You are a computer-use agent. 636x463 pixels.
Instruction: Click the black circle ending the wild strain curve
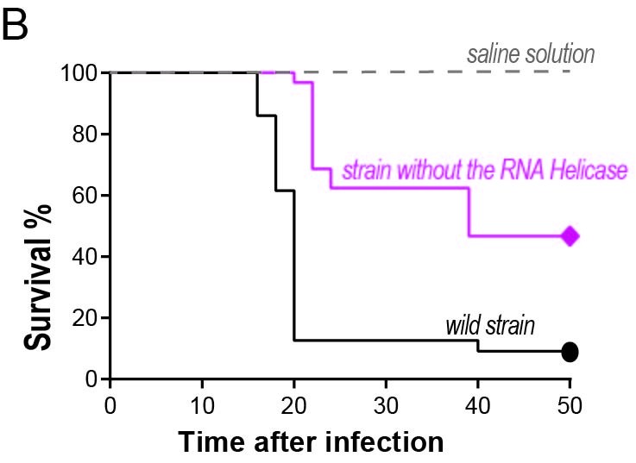(570, 352)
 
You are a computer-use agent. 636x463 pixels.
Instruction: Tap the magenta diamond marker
(570, 235)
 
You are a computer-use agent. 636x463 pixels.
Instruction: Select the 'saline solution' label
(531, 55)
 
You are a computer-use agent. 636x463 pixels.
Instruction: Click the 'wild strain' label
(490, 327)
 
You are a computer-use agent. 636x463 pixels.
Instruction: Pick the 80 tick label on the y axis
(84, 135)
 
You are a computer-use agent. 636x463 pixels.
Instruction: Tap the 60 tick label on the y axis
(84, 196)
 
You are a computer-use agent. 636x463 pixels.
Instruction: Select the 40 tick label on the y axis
(84, 257)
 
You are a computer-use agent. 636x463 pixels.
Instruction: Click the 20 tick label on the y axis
(84, 318)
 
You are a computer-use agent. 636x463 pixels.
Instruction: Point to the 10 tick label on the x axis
(202, 405)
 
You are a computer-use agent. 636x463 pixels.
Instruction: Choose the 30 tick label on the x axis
(386, 405)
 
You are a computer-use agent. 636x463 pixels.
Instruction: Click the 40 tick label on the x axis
(477, 405)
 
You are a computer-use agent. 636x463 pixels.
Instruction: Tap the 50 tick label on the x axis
(570, 405)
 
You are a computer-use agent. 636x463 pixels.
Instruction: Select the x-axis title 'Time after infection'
(311, 442)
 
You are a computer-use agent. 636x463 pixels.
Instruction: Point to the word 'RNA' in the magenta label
(518, 170)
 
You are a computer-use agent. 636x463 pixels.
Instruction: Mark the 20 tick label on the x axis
(294, 405)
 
